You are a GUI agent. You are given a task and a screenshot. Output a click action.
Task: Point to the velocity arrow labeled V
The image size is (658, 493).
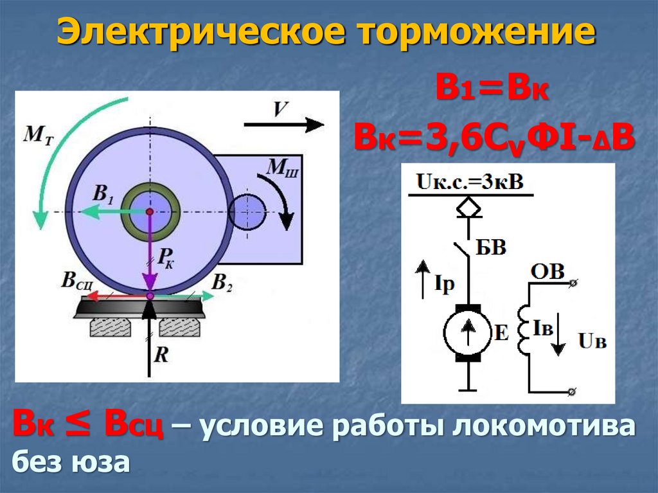tap(283, 125)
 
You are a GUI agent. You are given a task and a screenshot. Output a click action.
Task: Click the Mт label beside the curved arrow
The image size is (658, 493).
tap(39, 136)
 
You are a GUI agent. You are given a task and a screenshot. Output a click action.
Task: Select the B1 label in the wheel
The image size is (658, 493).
tap(103, 194)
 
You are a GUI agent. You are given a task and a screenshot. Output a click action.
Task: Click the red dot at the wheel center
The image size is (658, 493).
tap(149, 211)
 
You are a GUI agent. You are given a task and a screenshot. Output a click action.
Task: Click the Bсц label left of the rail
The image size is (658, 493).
tap(77, 281)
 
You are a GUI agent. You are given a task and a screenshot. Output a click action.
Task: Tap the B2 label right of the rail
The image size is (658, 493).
tap(222, 282)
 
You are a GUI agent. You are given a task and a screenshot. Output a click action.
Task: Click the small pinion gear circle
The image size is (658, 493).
tap(247, 211)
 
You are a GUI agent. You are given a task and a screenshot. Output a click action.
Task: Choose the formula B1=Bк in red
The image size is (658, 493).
tap(492, 88)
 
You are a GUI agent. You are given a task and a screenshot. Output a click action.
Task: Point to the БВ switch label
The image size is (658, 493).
tap(490, 247)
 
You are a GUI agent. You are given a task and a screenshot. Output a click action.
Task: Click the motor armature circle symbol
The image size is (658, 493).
tap(468, 332)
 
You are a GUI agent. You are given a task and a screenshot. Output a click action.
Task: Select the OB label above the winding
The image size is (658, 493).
tap(547, 272)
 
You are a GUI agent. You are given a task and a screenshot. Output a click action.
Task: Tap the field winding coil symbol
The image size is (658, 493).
tap(524, 331)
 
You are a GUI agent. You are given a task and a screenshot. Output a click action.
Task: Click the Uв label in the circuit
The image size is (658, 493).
tap(592, 341)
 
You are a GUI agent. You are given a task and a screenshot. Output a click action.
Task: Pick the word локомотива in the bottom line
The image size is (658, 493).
tap(543, 426)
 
